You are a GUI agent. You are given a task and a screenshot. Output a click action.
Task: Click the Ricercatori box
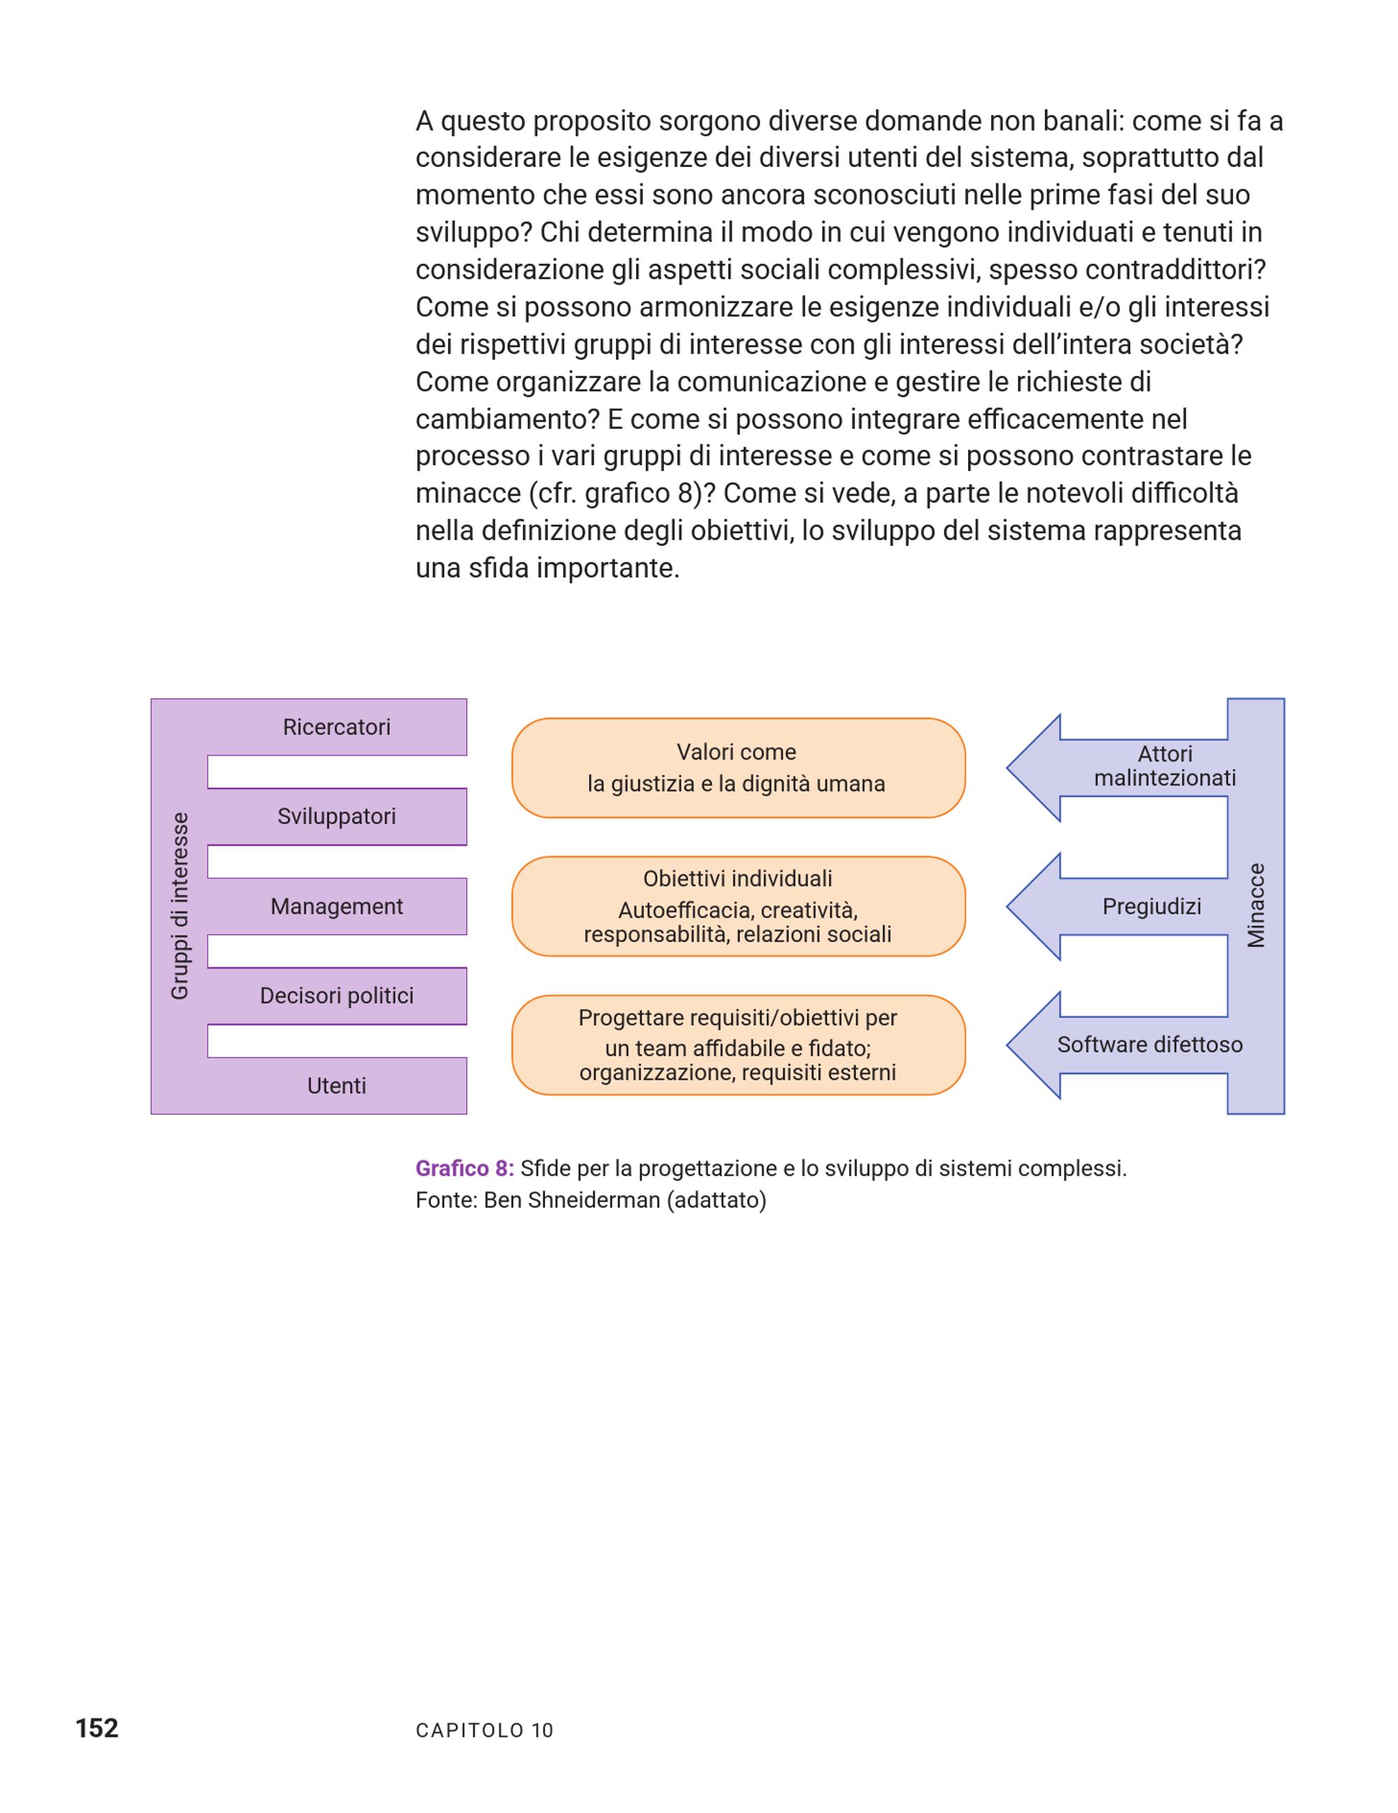click(336, 727)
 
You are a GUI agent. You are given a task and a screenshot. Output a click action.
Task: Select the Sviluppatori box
click(336, 817)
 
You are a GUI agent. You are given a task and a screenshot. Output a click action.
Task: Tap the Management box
click(336, 906)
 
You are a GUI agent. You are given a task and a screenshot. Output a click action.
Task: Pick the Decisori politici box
click(336, 996)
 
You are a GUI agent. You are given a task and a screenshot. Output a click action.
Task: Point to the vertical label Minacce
click(1256, 906)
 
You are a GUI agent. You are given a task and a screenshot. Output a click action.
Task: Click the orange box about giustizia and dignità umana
click(738, 768)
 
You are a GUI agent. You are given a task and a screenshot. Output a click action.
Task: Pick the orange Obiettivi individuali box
click(738, 906)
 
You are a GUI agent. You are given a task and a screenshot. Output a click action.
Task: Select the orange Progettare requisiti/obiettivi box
click(738, 1045)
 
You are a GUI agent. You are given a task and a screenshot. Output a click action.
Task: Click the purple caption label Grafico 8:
click(464, 1169)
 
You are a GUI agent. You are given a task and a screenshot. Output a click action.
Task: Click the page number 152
click(97, 1728)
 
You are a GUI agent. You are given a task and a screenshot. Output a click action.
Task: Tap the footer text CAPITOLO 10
click(484, 1731)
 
